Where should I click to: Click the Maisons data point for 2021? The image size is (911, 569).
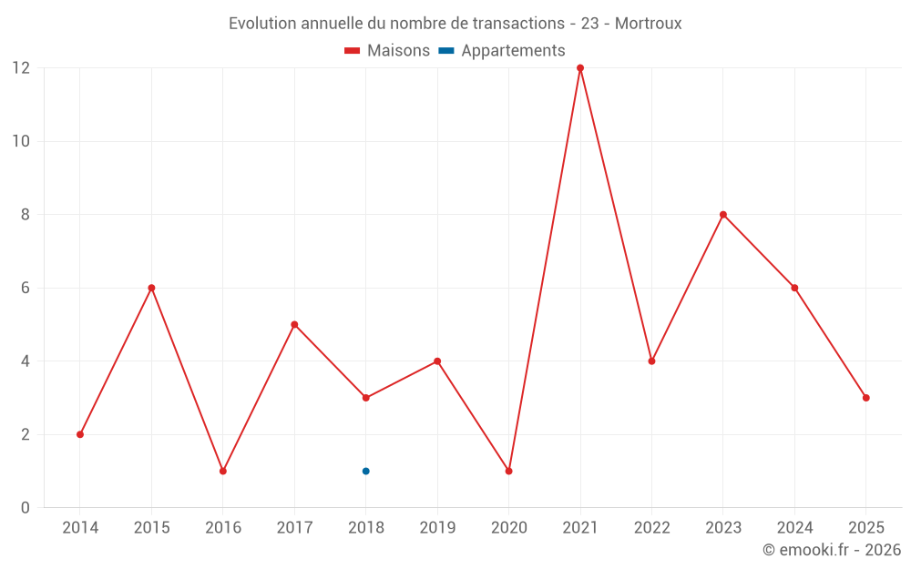(580, 68)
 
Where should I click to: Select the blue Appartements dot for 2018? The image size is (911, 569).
(365, 471)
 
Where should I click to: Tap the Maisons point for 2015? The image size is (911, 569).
(151, 288)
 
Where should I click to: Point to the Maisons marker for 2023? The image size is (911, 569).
(723, 215)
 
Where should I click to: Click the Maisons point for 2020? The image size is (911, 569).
(508, 471)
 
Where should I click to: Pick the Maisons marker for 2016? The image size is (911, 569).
(223, 471)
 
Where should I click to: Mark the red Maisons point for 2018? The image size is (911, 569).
(365, 398)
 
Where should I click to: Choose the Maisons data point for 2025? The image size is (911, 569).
(865, 398)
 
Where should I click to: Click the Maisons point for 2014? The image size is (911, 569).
(80, 434)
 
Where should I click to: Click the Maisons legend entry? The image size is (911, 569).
(387, 51)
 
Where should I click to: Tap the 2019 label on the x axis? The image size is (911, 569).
(437, 528)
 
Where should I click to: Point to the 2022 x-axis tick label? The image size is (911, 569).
(651, 528)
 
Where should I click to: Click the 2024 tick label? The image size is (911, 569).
(794, 528)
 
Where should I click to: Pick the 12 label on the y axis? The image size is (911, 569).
(21, 68)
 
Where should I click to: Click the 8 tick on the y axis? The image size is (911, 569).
(26, 215)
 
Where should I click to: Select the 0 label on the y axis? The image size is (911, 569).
(26, 508)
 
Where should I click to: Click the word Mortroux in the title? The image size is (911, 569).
(648, 24)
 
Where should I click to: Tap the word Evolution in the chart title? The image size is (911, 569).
(262, 24)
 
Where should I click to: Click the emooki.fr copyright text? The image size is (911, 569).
(832, 550)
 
